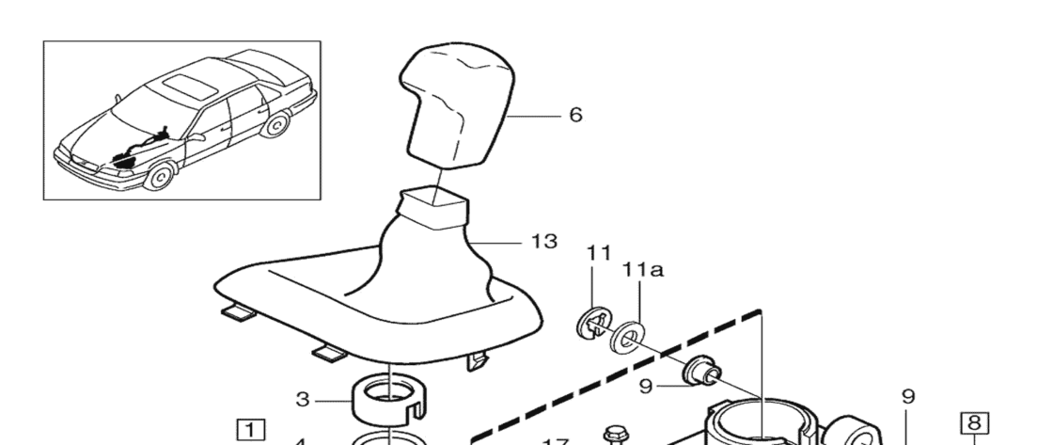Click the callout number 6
click(575, 116)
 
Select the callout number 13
click(544, 242)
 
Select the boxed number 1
click(250, 430)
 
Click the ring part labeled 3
click(386, 400)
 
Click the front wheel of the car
click(162, 175)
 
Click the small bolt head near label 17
click(617, 435)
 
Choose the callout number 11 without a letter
click(599, 254)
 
